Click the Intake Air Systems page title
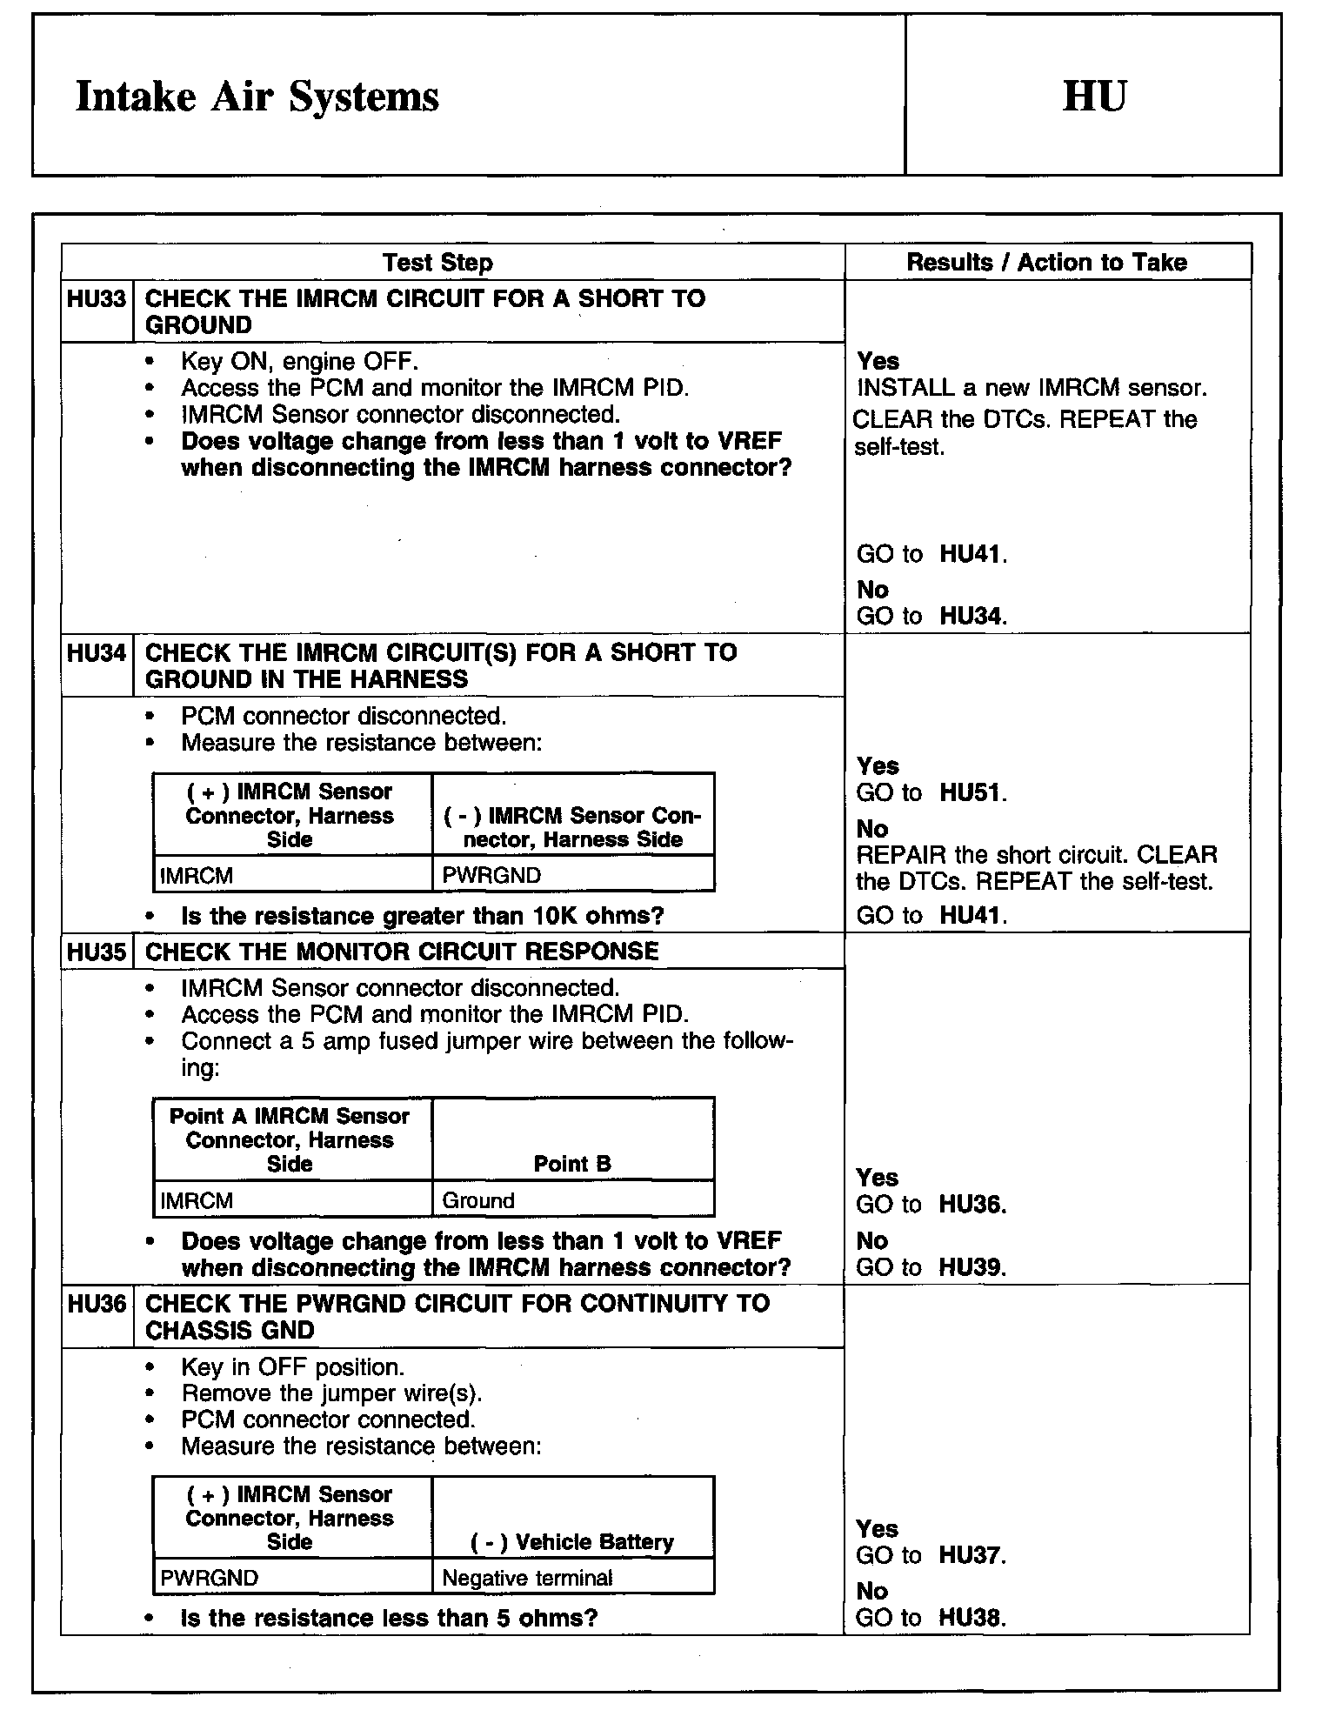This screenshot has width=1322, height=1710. point(257,97)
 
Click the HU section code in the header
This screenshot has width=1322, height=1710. point(1094,96)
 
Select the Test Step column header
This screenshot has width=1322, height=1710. point(437,263)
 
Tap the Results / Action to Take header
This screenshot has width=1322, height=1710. point(1046,263)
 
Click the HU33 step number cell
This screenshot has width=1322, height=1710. point(97,299)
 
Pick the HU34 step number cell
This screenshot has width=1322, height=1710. point(97,653)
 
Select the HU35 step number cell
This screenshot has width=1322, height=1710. point(97,952)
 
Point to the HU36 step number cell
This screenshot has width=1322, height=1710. point(97,1304)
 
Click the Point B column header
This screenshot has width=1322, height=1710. point(572,1164)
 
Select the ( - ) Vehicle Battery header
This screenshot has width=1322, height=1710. point(572,1542)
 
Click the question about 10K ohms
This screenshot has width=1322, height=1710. point(422,916)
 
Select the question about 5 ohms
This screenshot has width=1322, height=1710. point(389,1618)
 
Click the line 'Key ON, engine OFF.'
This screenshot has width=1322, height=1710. point(299,362)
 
